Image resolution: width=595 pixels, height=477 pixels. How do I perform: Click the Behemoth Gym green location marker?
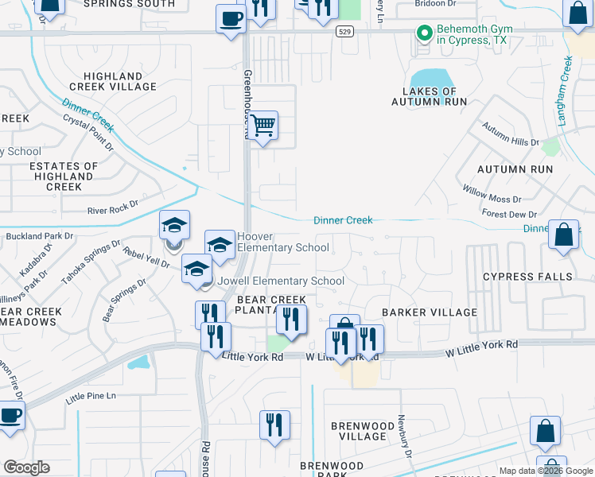pyautogui.click(x=424, y=33)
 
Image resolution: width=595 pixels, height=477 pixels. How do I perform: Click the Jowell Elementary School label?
pyautogui.click(x=281, y=281)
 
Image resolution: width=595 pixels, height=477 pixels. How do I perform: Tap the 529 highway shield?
pyautogui.click(x=344, y=32)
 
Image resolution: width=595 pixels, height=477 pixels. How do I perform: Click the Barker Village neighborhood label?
pyautogui.click(x=429, y=312)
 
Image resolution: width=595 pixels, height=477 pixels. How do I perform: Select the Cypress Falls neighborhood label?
pyautogui.click(x=527, y=277)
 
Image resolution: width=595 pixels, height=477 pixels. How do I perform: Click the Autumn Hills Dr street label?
pyautogui.click(x=510, y=135)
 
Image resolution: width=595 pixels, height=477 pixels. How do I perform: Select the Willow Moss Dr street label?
pyautogui.click(x=492, y=193)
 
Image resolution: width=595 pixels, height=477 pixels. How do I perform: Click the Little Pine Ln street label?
pyautogui.click(x=91, y=395)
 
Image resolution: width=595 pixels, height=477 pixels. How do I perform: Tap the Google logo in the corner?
pyautogui.click(x=26, y=467)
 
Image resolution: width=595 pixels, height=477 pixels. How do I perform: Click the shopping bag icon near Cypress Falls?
pyautogui.click(x=563, y=235)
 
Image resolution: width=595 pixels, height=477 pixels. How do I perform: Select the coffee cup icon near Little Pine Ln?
pyautogui.click(x=10, y=416)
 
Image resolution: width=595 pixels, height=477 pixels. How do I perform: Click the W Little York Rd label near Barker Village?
pyautogui.click(x=481, y=347)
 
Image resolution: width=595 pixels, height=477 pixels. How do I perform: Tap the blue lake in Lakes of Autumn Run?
pyautogui.click(x=430, y=79)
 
